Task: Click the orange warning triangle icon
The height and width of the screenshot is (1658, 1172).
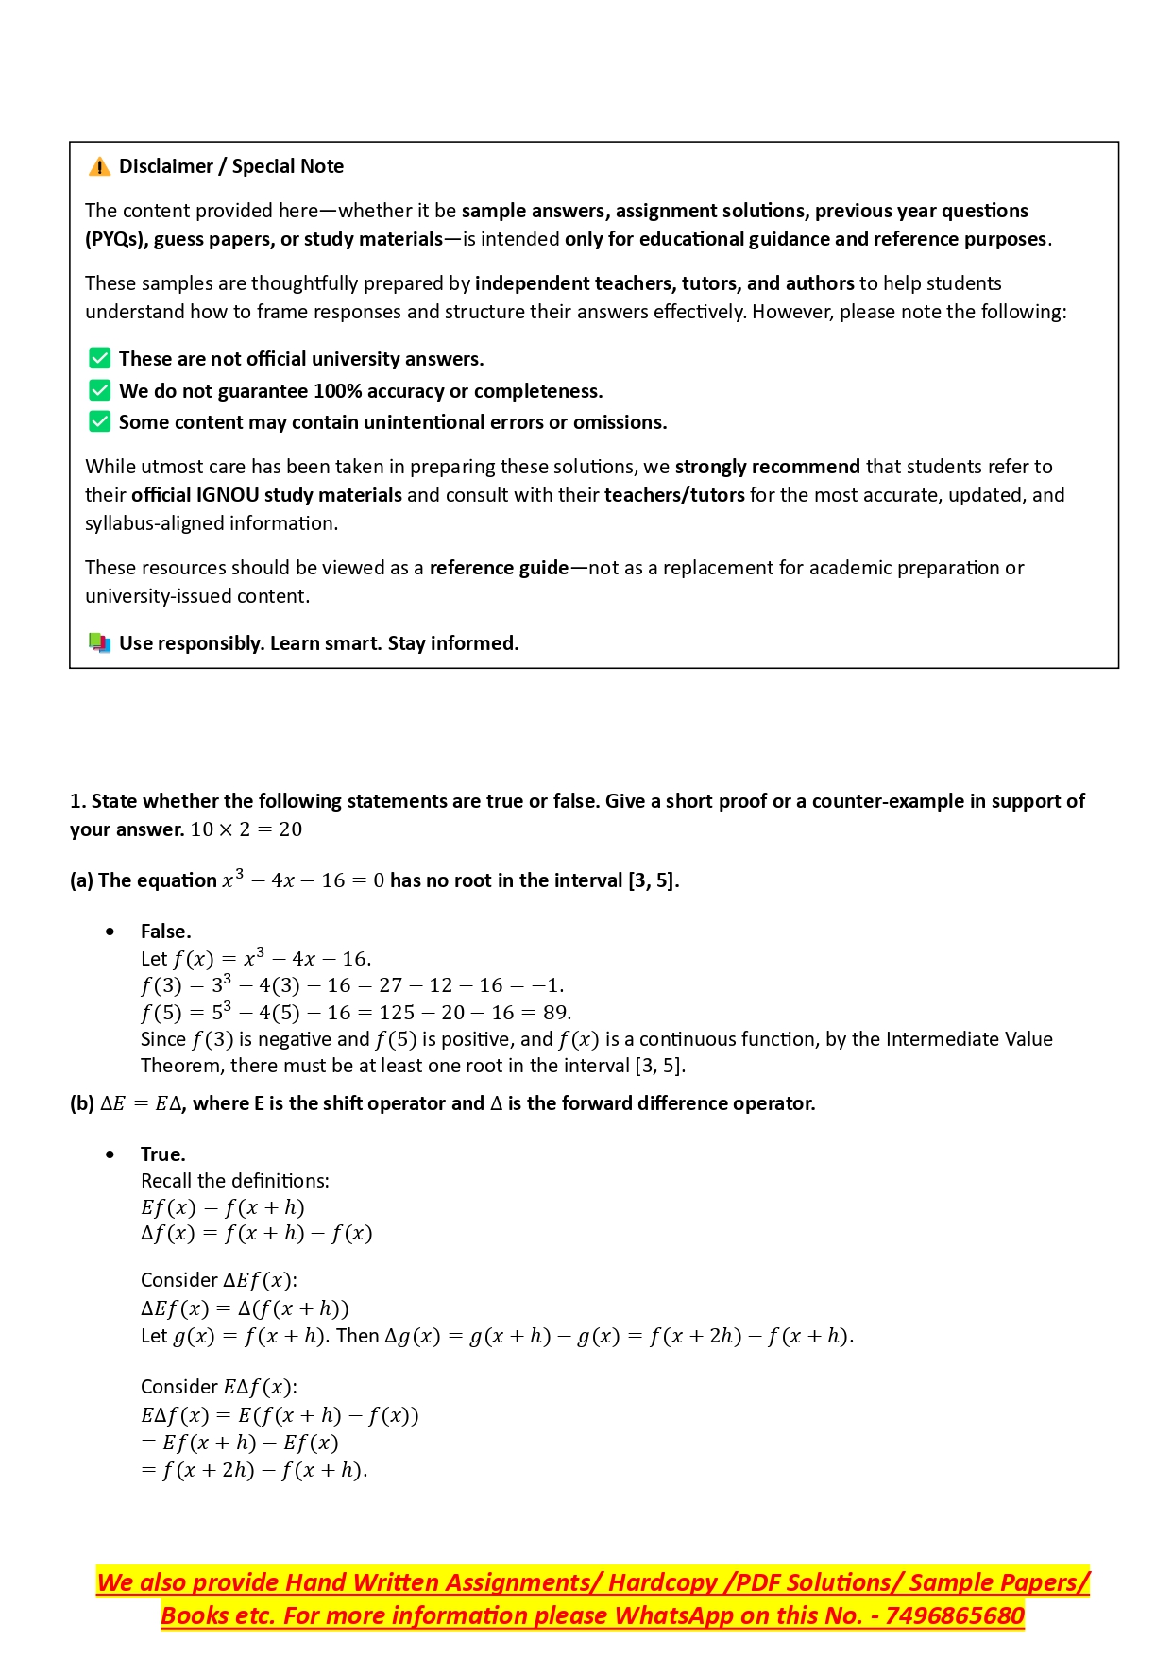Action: (99, 167)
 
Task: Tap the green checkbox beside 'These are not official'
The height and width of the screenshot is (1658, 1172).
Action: (99, 358)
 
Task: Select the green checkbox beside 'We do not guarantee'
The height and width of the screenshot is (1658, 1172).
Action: (99, 390)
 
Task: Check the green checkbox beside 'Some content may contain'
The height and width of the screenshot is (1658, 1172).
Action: (99, 421)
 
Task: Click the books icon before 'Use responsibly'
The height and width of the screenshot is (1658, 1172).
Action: (99, 643)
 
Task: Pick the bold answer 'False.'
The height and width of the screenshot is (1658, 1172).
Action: (165, 932)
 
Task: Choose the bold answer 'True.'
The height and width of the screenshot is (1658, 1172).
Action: (162, 1154)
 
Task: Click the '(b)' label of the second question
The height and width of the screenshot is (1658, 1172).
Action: (82, 1103)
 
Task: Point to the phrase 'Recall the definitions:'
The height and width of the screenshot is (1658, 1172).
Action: (234, 1181)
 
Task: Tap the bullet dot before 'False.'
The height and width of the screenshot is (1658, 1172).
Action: (111, 932)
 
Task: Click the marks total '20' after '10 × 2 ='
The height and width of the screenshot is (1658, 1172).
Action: (290, 829)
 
